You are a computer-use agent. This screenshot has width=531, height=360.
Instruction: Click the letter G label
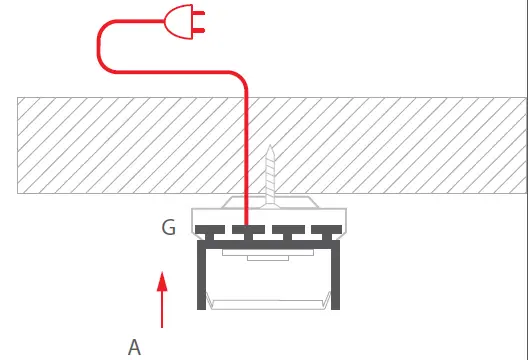168,228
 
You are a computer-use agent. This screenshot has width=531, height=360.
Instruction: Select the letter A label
134,347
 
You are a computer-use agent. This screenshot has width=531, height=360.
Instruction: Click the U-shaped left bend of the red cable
101,49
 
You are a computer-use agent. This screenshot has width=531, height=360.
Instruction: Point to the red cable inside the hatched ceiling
246,140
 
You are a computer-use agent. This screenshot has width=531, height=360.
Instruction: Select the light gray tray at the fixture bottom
267,299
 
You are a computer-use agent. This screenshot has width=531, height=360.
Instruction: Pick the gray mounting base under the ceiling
300,211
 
